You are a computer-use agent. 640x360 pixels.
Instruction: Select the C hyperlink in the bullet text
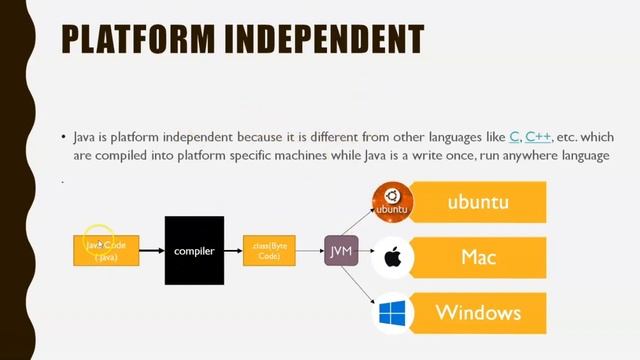pyautogui.click(x=514, y=137)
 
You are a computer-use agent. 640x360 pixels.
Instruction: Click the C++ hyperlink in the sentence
pyautogui.click(x=538, y=137)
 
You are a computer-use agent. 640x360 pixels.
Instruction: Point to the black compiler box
pyautogui.click(x=194, y=251)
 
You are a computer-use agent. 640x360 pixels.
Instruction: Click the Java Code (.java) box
pyautogui.click(x=106, y=250)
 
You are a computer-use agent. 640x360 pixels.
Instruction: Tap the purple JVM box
pyautogui.click(x=342, y=250)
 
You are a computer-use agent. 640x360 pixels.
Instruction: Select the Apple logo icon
pyautogui.click(x=392, y=257)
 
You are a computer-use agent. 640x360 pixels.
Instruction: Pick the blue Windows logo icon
pyautogui.click(x=392, y=312)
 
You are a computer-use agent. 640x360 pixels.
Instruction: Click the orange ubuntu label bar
pyautogui.click(x=478, y=202)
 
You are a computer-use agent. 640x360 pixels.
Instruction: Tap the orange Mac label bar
pyautogui.click(x=478, y=257)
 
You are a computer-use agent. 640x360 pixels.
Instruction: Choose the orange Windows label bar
pyautogui.click(x=478, y=312)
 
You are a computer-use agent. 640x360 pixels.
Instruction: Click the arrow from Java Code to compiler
pyautogui.click(x=151, y=251)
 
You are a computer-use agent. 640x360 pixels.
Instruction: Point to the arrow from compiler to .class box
pyautogui.click(x=233, y=251)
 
